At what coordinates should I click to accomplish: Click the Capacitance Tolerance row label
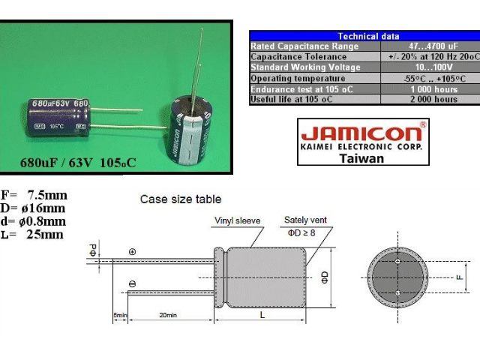[295, 57]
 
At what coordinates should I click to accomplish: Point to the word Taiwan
[361, 158]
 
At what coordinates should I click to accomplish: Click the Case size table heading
[181, 199]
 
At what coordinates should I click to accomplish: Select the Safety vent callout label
[304, 220]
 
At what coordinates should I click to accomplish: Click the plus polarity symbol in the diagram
[132, 252]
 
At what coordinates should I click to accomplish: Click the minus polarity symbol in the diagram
[132, 283]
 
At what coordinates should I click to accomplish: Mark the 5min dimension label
[120, 316]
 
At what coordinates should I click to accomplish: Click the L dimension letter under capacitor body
[261, 316]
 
